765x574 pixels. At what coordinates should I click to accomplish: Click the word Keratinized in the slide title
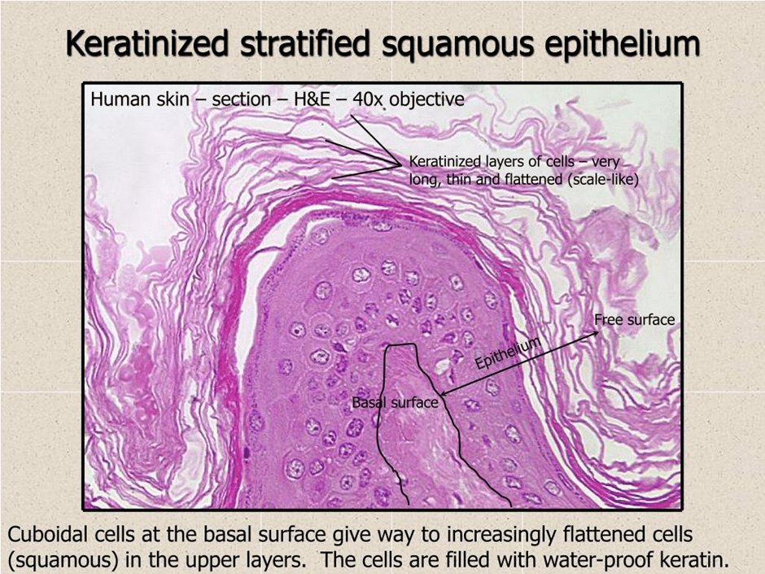click(x=146, y=43)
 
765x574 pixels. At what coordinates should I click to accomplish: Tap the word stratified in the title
click(x=304, y=43)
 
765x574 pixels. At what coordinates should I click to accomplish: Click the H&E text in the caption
click(x=313, y=99)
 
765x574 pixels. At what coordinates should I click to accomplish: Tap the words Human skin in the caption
click(x=140, y=99)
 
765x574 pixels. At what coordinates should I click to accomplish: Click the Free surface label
click(x=634, y=320)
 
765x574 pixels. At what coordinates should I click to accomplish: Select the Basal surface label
click(x=396, y=403)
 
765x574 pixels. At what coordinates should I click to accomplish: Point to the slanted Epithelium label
click(x=509, y=353)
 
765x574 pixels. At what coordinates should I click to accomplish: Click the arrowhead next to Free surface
click(x=596, y=333)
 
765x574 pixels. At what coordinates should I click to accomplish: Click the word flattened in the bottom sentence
click(x=601, y=534)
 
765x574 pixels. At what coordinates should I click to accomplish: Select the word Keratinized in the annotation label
click(x=444, y=161)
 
